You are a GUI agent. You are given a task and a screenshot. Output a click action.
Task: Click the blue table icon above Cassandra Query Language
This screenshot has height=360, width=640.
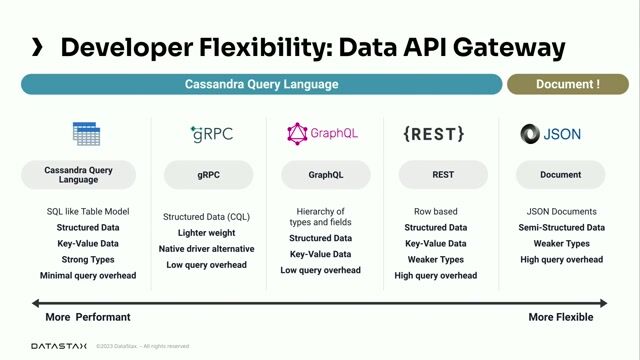86,133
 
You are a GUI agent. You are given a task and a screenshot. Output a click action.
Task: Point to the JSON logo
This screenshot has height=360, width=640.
550,133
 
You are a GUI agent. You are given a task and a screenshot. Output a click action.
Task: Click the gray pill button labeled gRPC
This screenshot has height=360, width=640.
209,175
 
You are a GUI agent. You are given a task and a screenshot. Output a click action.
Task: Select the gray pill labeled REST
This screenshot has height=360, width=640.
443,175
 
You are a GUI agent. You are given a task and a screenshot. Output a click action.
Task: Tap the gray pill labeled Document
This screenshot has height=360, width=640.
560,175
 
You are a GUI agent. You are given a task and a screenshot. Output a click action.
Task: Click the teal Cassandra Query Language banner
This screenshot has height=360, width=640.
261,84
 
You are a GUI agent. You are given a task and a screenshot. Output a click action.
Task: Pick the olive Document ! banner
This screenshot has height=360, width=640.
567,84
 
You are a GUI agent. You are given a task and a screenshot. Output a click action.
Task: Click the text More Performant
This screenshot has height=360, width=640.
88,317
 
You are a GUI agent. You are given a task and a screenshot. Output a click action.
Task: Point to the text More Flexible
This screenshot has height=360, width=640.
560,317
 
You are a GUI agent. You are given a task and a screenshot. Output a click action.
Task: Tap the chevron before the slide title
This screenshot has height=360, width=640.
37,47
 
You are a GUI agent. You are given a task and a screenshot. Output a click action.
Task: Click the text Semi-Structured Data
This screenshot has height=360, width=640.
561,227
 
